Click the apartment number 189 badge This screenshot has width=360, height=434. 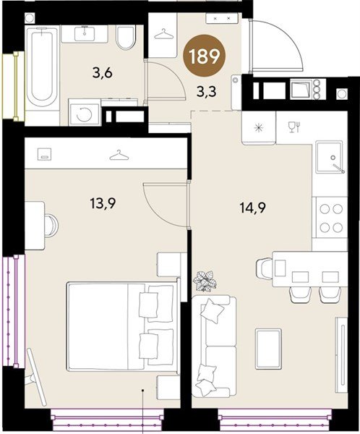pos(205,56)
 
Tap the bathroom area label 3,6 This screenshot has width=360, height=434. pos(103,73)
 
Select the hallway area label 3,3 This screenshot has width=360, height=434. pos(206,92)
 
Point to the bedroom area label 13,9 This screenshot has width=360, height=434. pos(103,204)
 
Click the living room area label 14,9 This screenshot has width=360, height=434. pos(252,208)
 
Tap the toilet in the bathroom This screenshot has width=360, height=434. pos(126,37)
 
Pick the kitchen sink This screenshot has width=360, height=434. pos(330,157)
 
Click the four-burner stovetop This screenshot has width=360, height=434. pos(331,218)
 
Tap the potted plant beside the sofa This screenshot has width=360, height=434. pos(205,281)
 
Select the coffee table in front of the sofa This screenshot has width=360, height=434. pos(268,349)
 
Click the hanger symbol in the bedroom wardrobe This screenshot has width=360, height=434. pos(119,156)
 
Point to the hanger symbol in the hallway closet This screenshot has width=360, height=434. pos(163,34)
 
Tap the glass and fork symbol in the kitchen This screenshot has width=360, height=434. pos(294,127)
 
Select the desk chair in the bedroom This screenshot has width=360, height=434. pos(52,225)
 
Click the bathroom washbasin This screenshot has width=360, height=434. pos(85,34)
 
